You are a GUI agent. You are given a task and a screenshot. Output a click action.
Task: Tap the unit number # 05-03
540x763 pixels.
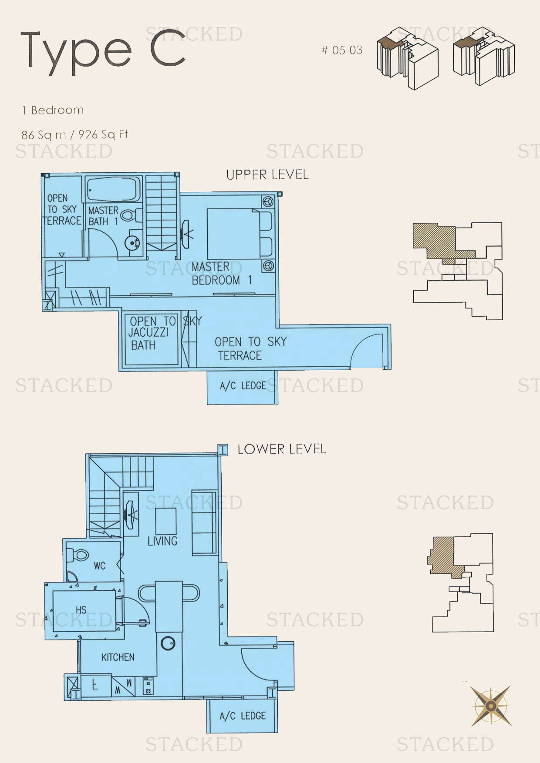[342, 50]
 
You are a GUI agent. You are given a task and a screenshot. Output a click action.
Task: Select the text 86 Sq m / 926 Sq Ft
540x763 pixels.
[74, 134]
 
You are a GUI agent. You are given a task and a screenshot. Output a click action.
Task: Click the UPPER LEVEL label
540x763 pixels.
[267, 175]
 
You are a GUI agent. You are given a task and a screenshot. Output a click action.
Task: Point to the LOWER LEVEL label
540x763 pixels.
[281, 449]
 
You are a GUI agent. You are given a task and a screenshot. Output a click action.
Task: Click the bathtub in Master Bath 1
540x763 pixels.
[113, 189]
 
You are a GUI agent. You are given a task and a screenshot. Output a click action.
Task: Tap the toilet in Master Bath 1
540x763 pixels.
[131, 215]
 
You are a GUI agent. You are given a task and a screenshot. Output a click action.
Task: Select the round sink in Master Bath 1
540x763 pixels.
[132, 243]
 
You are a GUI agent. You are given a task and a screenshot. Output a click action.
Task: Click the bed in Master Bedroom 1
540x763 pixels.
[240, 234]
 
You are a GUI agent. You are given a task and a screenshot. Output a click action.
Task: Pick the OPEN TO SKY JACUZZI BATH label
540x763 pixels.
[150, 333]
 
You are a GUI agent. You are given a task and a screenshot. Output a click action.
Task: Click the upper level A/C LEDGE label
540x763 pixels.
[243, 386]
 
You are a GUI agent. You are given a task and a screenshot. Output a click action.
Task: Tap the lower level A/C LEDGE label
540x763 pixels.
[242, 716]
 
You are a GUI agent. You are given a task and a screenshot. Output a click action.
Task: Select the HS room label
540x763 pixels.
[81, 610]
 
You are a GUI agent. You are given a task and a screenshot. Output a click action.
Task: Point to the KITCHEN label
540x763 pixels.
[118, 657]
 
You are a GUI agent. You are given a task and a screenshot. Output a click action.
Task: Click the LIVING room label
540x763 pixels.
[162, 541]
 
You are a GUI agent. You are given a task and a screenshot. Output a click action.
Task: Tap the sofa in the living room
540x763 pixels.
[204, 522]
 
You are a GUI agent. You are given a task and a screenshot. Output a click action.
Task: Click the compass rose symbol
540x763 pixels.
[490, 706]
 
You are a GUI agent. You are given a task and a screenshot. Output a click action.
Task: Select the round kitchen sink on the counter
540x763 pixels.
[168, 643]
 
